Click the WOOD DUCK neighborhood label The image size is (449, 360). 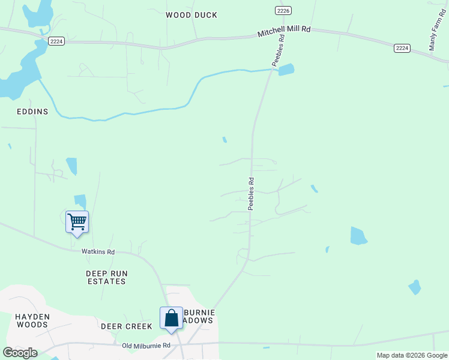[x=191, y=15]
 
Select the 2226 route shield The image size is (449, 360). [x=284, y=10]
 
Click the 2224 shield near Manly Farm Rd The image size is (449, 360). [x=402, y=47]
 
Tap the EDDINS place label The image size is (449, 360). [x=32, y=112]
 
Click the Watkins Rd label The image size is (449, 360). [x=98, y=252]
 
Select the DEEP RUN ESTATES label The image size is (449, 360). [x=106, y=277]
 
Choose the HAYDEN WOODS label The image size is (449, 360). [x=32, y=320]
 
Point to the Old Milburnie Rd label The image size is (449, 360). [x=146, y=346]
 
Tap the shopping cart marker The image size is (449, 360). [x=77, y=222]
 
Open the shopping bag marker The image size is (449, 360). [x=171, y=318]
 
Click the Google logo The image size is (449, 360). [x=20, y=353]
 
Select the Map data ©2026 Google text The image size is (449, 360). [x=412, y=355]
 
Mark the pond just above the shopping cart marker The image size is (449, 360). [x=80, y=201]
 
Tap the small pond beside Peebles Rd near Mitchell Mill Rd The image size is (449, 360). [x=286, y=70]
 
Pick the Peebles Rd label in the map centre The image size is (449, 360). [x=252, y=193]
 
